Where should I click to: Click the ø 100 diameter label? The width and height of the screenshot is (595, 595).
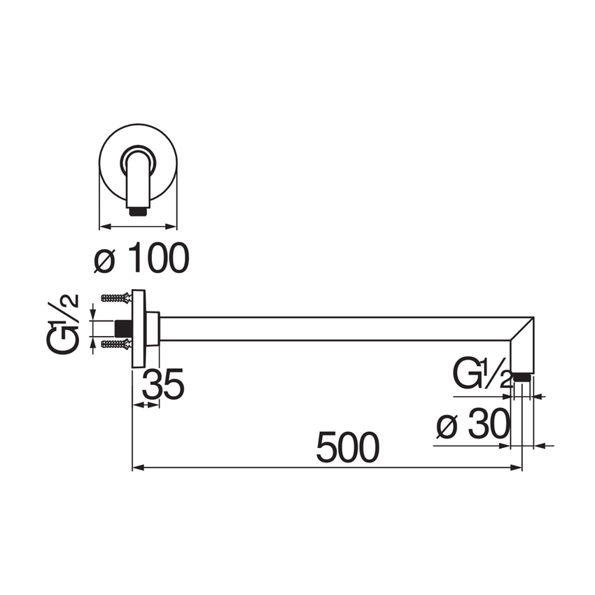click(x=142, y=258)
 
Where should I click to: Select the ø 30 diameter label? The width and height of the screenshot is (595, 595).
click(x=471, y=424)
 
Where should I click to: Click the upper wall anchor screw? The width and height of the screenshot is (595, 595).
click(x=115, y=298)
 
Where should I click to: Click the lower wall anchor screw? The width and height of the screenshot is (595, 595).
click(x=115, y=344)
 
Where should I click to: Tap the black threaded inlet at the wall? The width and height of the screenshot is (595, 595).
click(x=124, y=327)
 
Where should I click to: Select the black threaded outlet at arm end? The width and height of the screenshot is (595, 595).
click(x=521, y=377)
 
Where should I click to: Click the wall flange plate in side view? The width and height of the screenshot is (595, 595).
click(x=138, y=328)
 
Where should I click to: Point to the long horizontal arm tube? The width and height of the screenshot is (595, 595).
click(x=336, y=329)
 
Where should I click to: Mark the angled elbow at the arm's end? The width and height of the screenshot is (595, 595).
click(x=522, y=343)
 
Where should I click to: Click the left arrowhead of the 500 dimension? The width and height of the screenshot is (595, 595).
click(x=137, y=467)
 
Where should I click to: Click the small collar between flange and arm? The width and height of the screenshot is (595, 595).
click(x=152, y=328)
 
